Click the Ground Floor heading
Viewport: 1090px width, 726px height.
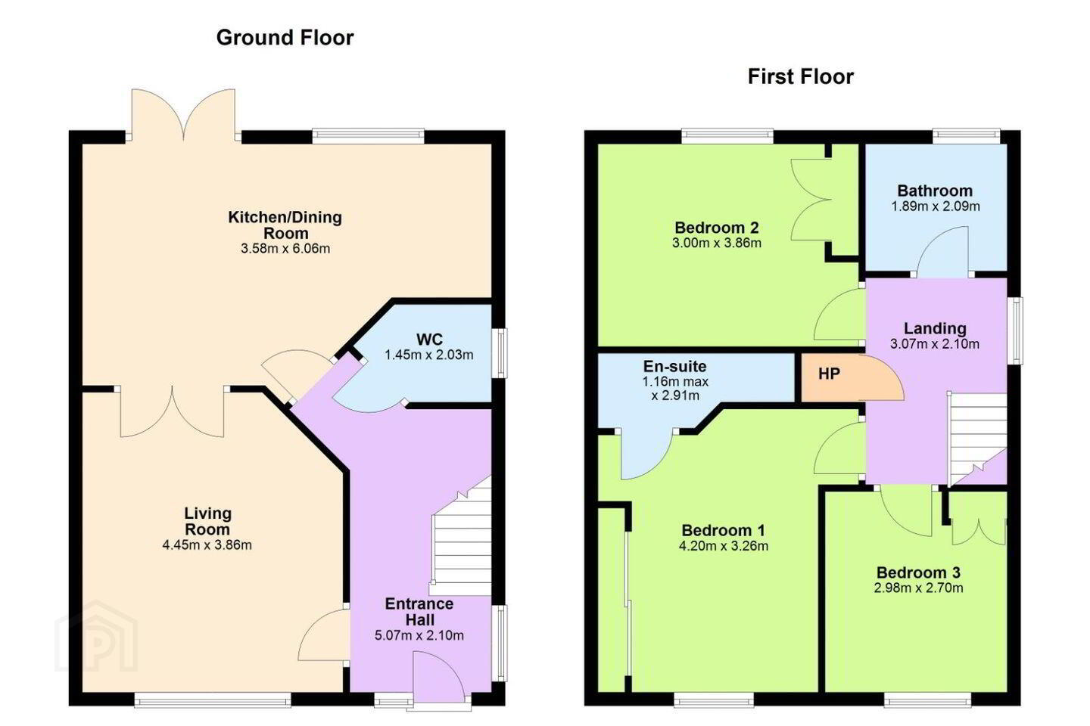tap(285, 38)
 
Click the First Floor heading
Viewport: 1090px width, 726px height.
tap(801, 77)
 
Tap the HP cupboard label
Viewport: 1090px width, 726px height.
tap(829, 374)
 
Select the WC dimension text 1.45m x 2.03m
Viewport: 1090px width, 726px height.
tap(428, 355)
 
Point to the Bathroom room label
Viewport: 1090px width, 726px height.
tap(935, 191)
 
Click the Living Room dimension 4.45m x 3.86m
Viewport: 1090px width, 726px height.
tap(207, 545)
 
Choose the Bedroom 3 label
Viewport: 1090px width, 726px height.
tap(918, 572)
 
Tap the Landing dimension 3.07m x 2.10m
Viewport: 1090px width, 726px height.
tap(935, 344)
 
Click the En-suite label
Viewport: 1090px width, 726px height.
tap(674, 366)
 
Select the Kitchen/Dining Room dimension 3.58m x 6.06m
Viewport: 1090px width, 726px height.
tap(285, 249)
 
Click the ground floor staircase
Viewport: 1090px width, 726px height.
tap(461, 535)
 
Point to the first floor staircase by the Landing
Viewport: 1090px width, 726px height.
tap(976, 439)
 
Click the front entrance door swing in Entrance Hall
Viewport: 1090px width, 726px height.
tap(438, 677)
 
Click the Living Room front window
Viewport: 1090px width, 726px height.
tap(213, 700)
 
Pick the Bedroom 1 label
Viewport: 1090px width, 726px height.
tap(723, 530)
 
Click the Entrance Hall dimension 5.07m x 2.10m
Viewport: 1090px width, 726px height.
tap(419, 635)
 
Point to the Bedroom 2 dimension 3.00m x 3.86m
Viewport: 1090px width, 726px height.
tap(717, 243)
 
